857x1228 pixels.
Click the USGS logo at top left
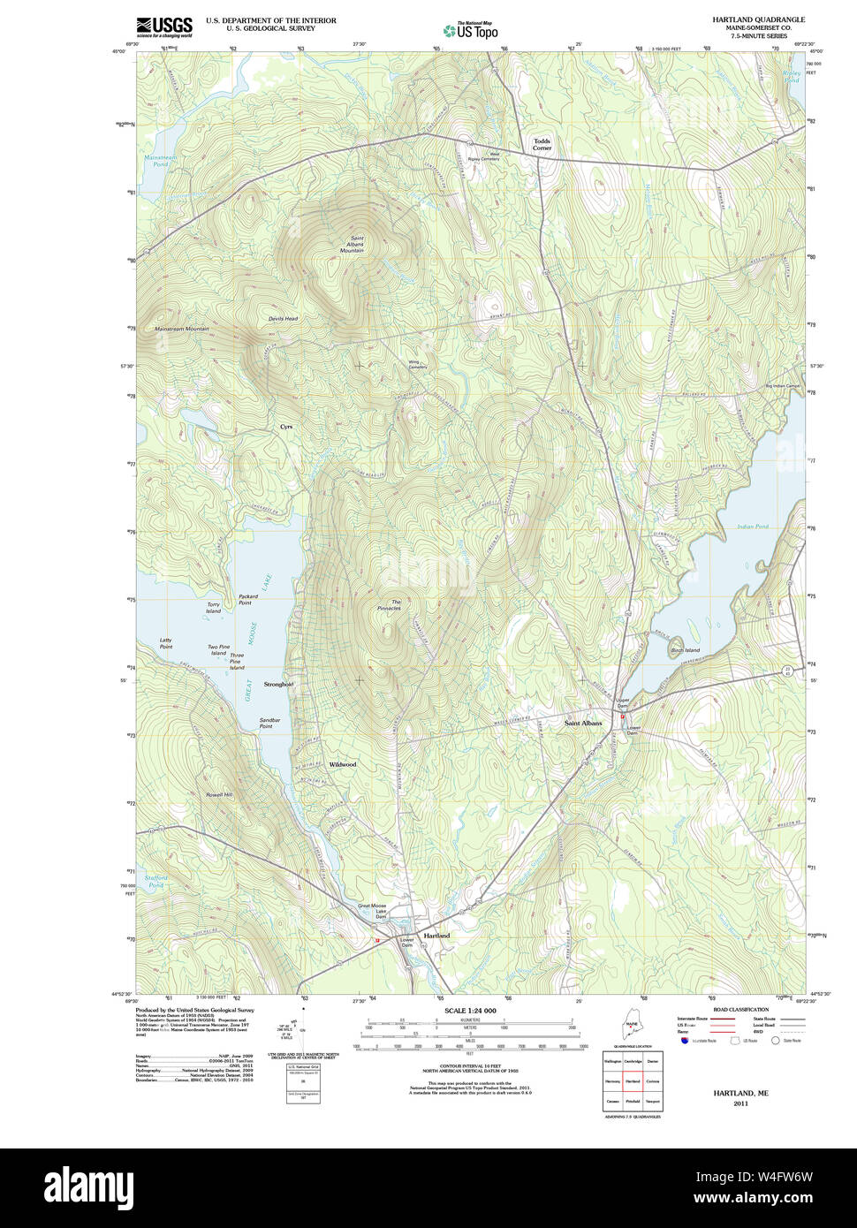tap(164, 27)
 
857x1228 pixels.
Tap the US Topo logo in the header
tap(471, 30)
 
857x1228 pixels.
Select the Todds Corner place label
tap(542, 144)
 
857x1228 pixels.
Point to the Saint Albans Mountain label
tap(353, 245)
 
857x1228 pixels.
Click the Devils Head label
tap(284, 319)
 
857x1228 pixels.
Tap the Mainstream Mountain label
tap(182, 329)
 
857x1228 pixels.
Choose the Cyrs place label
tap(286, 427)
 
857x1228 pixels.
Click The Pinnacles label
tap(390, 605)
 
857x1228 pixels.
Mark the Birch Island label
tap(686, 650)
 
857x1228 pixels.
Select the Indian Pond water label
tap(753, 527)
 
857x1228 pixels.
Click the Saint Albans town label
tap(583, 724)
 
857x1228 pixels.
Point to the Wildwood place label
tap(343, 764)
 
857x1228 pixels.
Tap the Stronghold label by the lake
tap(278, 685)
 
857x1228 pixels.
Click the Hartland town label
tap(436, 936)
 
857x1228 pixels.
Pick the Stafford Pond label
tap(156, 882)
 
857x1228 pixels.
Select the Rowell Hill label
tap(219, 795)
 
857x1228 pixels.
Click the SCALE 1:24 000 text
tap(470, 1011)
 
